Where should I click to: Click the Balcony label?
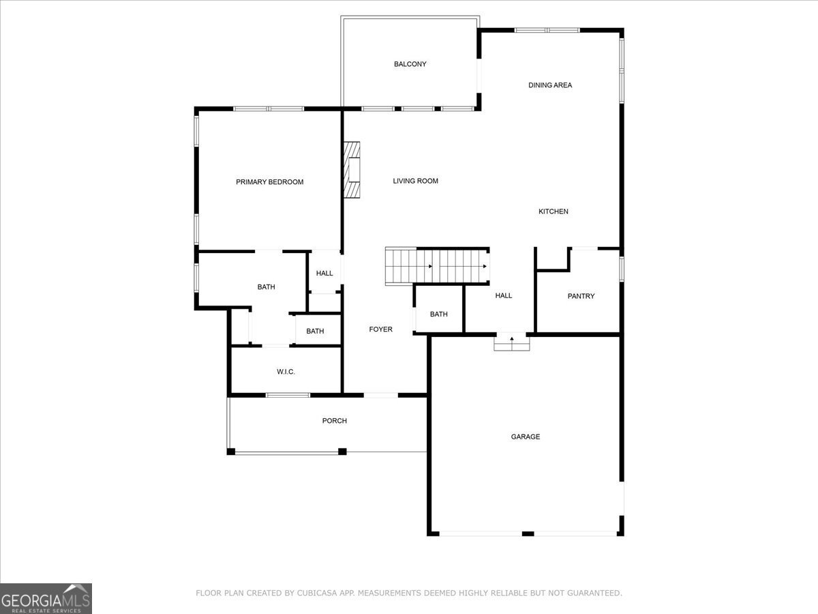click(410, 64)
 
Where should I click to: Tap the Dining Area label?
click(550, 85)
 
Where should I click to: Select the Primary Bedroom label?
click(269, 182)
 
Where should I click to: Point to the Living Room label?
click(416, 181)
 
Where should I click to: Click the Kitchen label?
click(554, 211)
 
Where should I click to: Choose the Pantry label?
click(581, 296)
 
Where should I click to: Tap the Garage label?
click(526, 437)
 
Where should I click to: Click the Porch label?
click(334, 420)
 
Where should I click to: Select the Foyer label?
click(380, 330)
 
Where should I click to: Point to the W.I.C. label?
click(286, 372)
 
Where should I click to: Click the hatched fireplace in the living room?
click(352, 170)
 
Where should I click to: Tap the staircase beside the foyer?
click(437, 266)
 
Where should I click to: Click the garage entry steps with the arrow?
click(512, 342)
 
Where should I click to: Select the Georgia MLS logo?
click(46, 598)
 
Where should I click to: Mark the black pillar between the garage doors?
click(528, 533)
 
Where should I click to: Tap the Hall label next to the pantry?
click(504, 295)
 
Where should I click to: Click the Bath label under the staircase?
click(438, 315)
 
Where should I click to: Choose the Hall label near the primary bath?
click(324, 274)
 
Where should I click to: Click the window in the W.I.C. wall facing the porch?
click(288, 395)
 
